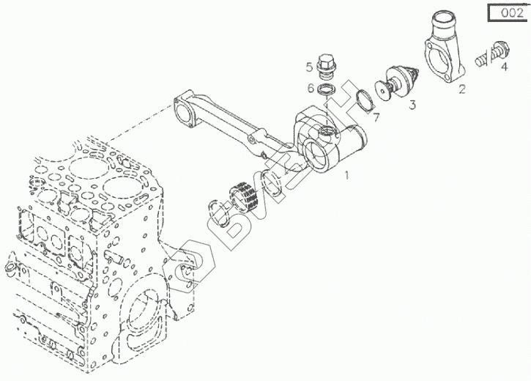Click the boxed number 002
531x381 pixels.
pyautogui.click(x=507, y=12)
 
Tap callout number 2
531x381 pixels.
pyautogui.click(x=462, y=90)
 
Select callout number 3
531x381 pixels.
pyautogui.click(x=412, y=105)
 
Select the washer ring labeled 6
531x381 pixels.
pyautogui.click(x=330, y=89)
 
